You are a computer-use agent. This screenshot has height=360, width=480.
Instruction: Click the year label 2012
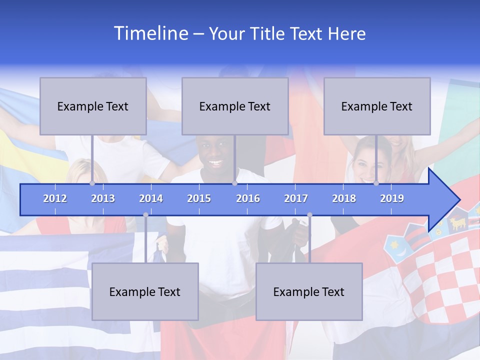55,198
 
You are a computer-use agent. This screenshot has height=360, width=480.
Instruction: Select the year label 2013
103,198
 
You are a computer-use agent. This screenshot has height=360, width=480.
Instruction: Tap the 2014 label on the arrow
151,198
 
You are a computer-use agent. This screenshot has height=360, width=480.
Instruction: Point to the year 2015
199,198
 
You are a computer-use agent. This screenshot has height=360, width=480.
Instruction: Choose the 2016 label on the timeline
248,198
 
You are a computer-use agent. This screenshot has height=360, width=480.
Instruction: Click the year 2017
296,198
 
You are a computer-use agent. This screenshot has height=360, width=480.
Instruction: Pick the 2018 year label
344,198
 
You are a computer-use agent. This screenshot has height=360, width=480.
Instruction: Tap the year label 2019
392,198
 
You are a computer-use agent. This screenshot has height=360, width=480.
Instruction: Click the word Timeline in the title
150,33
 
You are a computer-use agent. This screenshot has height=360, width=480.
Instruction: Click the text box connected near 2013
93,106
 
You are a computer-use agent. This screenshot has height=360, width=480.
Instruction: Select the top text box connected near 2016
235,106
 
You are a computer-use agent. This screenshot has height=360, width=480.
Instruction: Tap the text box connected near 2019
377,106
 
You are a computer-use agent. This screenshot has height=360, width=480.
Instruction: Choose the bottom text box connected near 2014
145,291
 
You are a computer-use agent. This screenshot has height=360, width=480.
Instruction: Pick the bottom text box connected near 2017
309,291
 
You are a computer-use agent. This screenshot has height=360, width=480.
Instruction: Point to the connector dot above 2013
92,183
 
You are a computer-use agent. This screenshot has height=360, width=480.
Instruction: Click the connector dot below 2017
309,215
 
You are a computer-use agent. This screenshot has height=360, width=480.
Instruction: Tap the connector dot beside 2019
376,183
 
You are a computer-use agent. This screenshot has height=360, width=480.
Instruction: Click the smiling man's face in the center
216,155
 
